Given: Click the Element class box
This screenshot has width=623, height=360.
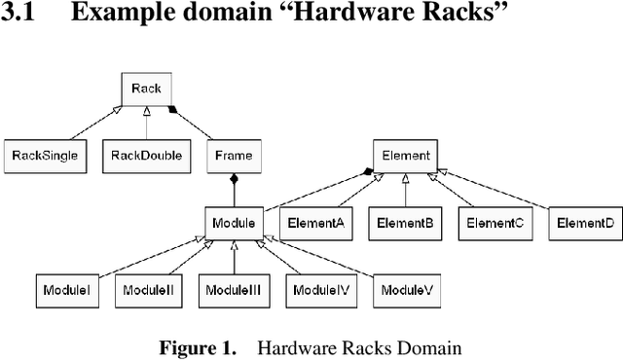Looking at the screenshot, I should (x=404, y=155).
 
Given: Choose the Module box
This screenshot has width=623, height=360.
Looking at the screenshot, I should (x=233, y=223).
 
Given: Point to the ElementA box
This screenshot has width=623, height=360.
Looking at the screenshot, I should (x=313, y=223).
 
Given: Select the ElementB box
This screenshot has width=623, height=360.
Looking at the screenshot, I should (x=405, y=223).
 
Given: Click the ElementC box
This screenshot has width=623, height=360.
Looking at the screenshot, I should (x=495, y=223).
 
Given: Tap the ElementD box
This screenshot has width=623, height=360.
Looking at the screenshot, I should (x=584, y=223).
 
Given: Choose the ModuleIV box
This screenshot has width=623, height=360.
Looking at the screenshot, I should (x=321, y=290).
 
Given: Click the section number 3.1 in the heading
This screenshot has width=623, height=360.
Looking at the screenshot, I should (x=19, y=17).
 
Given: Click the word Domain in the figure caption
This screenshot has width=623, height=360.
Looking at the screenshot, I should (x=434, y=347).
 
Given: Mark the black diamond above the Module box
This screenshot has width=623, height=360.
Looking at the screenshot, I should (x=233, y=179).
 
